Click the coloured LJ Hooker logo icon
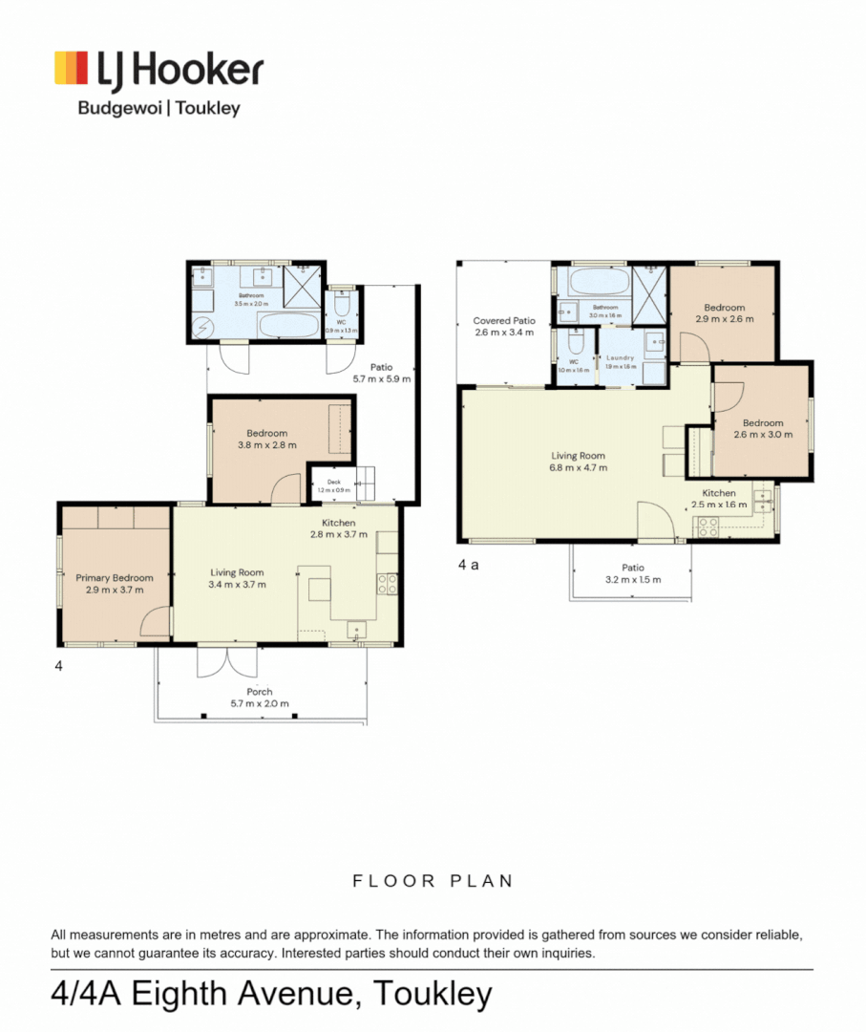pos(73,70)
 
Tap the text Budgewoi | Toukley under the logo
pos(158,108)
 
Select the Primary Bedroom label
pos(115,583)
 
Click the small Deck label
pos(333,485)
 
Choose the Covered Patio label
pos(504,327)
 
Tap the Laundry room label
pos(621,361)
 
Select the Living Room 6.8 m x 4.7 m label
pos(578,462)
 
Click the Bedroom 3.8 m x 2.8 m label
pos(266,439)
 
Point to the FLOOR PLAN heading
pos(433,881)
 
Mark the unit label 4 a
pos(468,565)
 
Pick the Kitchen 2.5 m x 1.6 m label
pos(719,499)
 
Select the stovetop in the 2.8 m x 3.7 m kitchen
pos(387,583)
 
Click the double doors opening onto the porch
pos(227,660)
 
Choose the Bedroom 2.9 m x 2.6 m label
pos(724,313)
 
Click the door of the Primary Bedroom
pos(155,625)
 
